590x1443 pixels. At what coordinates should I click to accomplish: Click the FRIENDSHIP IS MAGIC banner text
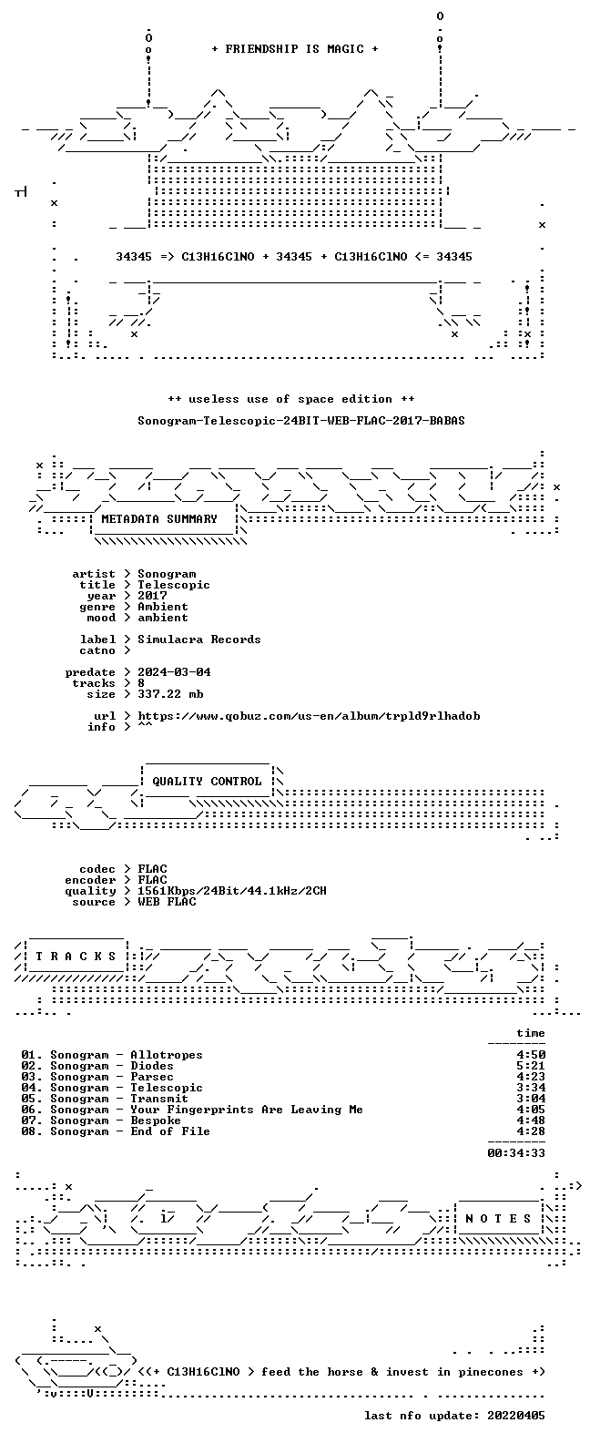tap(295, 49)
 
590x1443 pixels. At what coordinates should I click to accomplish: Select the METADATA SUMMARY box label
tap(159, 519)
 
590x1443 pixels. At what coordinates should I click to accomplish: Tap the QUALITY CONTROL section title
tap(207, 782)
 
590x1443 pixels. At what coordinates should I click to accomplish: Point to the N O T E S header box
tap(498, 1218)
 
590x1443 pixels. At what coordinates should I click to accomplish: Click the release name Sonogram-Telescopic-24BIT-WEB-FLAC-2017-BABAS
tap(300, 421)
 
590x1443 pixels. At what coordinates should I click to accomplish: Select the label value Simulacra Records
tap(199, 640)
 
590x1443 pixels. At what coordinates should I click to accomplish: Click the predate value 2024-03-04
tap(174, 672)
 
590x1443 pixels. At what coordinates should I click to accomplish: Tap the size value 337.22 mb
tap(170, 694)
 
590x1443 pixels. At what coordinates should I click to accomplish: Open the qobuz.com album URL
tap(309, 716)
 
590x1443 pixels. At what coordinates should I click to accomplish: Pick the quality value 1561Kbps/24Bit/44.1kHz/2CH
tap(232, 891)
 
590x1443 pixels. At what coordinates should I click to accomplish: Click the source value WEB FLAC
tap(167, 902)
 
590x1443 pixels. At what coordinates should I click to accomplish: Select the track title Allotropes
tap(167, 1055)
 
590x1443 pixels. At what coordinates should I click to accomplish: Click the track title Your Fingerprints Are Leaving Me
tap(247, 1110)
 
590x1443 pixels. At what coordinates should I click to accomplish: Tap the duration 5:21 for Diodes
tap(531, 1066)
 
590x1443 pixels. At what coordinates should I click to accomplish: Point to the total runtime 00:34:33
tap(516, 1153)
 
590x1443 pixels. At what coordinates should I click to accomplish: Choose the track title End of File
tap(170, 1131)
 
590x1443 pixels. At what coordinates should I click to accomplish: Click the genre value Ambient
tap(163, 607)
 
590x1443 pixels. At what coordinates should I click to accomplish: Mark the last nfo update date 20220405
tap(516, 1416)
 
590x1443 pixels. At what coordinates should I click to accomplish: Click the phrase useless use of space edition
tap(290, 399)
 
